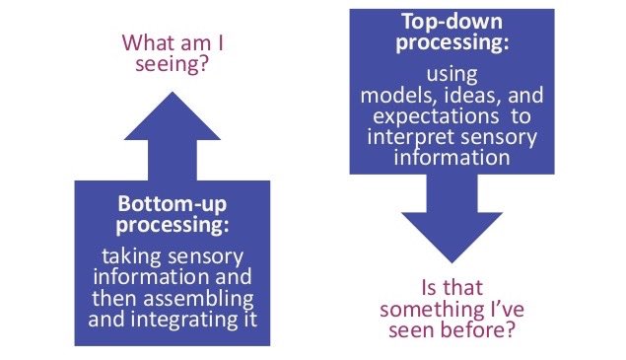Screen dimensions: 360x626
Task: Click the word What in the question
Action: [x=148, y=43]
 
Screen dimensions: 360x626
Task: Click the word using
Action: [x=453, y=73]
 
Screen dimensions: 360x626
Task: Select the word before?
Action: [x=480, y=331]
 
